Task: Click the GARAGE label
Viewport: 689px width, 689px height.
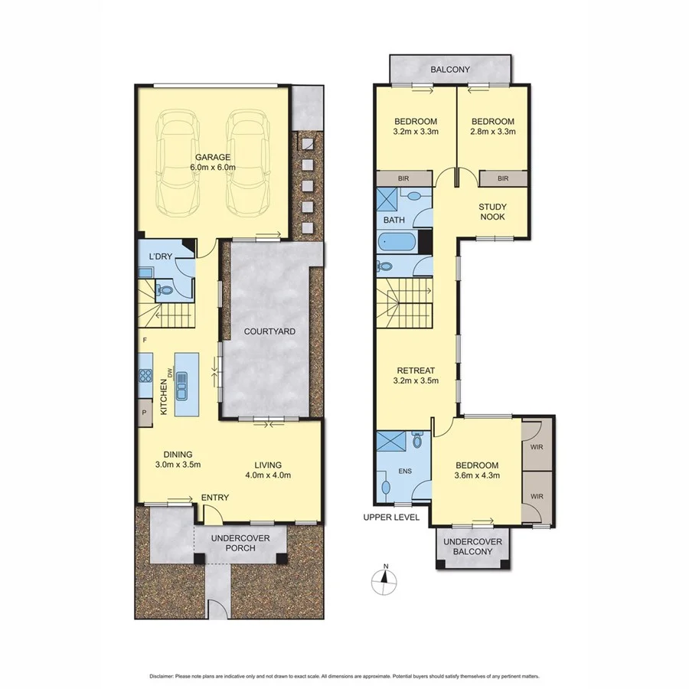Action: point(213,157)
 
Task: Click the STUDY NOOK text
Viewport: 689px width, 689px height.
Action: point(493,211)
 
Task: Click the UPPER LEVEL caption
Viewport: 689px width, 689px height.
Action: point(391,518)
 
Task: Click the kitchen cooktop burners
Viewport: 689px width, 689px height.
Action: point(145,375)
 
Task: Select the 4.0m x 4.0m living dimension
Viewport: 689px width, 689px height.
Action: point(269,475)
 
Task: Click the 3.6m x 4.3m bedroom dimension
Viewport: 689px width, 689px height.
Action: point(477,476)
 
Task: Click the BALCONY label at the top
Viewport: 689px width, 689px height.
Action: point(449,70)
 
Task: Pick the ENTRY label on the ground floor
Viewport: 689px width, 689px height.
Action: point(214,498)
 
